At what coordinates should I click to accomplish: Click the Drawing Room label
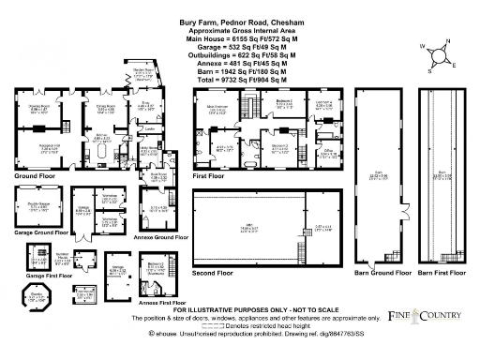(x=41, y=108)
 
